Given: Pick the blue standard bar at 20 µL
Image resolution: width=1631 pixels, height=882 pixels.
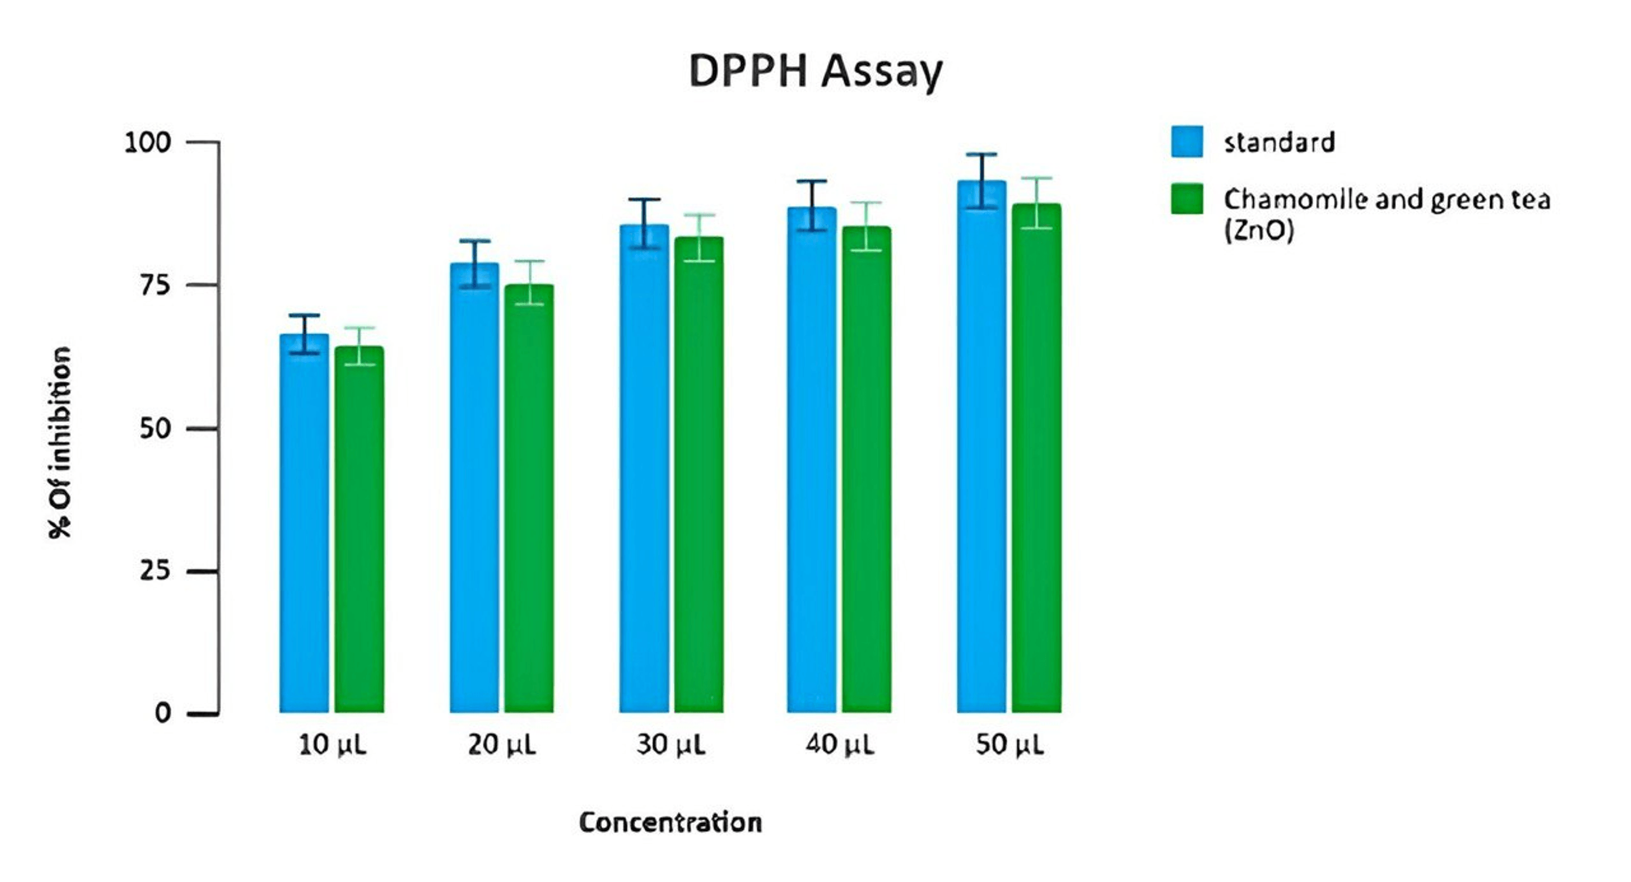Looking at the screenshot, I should [x=474, y=487].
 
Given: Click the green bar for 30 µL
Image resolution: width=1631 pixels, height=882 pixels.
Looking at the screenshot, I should [x=699, y=475].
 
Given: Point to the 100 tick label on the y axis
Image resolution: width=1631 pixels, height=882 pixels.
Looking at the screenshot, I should [x=147, y=142].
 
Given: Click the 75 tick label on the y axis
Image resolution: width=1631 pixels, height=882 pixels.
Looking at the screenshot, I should [x=155, y=285].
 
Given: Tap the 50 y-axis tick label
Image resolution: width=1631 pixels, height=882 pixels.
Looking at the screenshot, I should [x=155, y=429].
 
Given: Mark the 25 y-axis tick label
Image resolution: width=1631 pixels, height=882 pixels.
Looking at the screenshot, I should [x=155, y=571].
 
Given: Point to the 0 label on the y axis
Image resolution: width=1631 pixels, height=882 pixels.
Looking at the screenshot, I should [x=163, y=714].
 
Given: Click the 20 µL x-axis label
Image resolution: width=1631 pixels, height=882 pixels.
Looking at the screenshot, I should [x=501, y=745].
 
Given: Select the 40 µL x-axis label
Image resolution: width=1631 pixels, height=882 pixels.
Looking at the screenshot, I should [x=839, y=745].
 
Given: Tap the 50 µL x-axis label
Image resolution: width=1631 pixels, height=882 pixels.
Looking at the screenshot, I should [x=1009, y=745].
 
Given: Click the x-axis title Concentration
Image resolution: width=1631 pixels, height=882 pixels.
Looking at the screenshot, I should [x=670, y=822].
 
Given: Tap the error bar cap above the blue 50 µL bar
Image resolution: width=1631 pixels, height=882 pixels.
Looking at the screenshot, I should [x=981, y=154].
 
